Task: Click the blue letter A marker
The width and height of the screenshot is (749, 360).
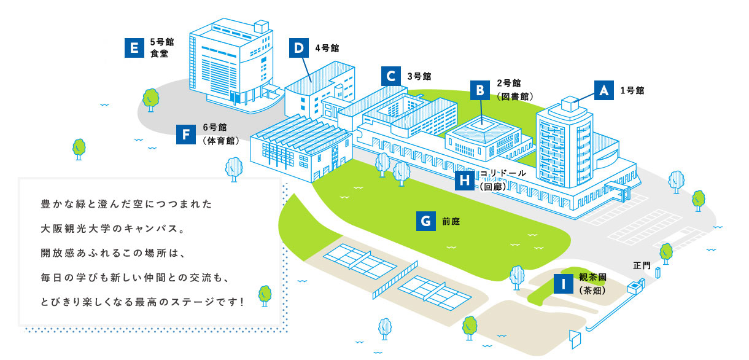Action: (604, 90)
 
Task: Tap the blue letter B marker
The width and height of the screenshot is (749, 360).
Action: (480, 90)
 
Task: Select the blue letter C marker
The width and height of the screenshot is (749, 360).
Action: (391, 76)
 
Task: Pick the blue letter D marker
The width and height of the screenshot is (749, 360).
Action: (299, 48)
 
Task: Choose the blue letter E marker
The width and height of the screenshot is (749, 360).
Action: (134, 48)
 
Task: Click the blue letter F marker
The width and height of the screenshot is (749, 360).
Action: (186, 135)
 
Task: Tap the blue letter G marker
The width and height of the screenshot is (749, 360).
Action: (426, 221)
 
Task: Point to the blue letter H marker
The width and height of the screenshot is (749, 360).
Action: (465, 181)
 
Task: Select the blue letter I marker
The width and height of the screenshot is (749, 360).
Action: (564, 284)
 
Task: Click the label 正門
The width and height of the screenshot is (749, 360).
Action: (642, 265)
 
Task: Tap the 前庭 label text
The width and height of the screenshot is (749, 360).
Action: (451, 222)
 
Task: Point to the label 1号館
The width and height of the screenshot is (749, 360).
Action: (632, 90)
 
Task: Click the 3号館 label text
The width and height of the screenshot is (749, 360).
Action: (419, 76)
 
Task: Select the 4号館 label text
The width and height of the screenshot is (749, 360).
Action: (327, 48)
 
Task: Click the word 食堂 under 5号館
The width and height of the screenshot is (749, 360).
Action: (159, 53)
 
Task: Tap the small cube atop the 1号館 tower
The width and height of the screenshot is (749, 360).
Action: (570, 104)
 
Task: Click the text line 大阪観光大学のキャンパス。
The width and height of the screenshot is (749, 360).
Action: (112, 229)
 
